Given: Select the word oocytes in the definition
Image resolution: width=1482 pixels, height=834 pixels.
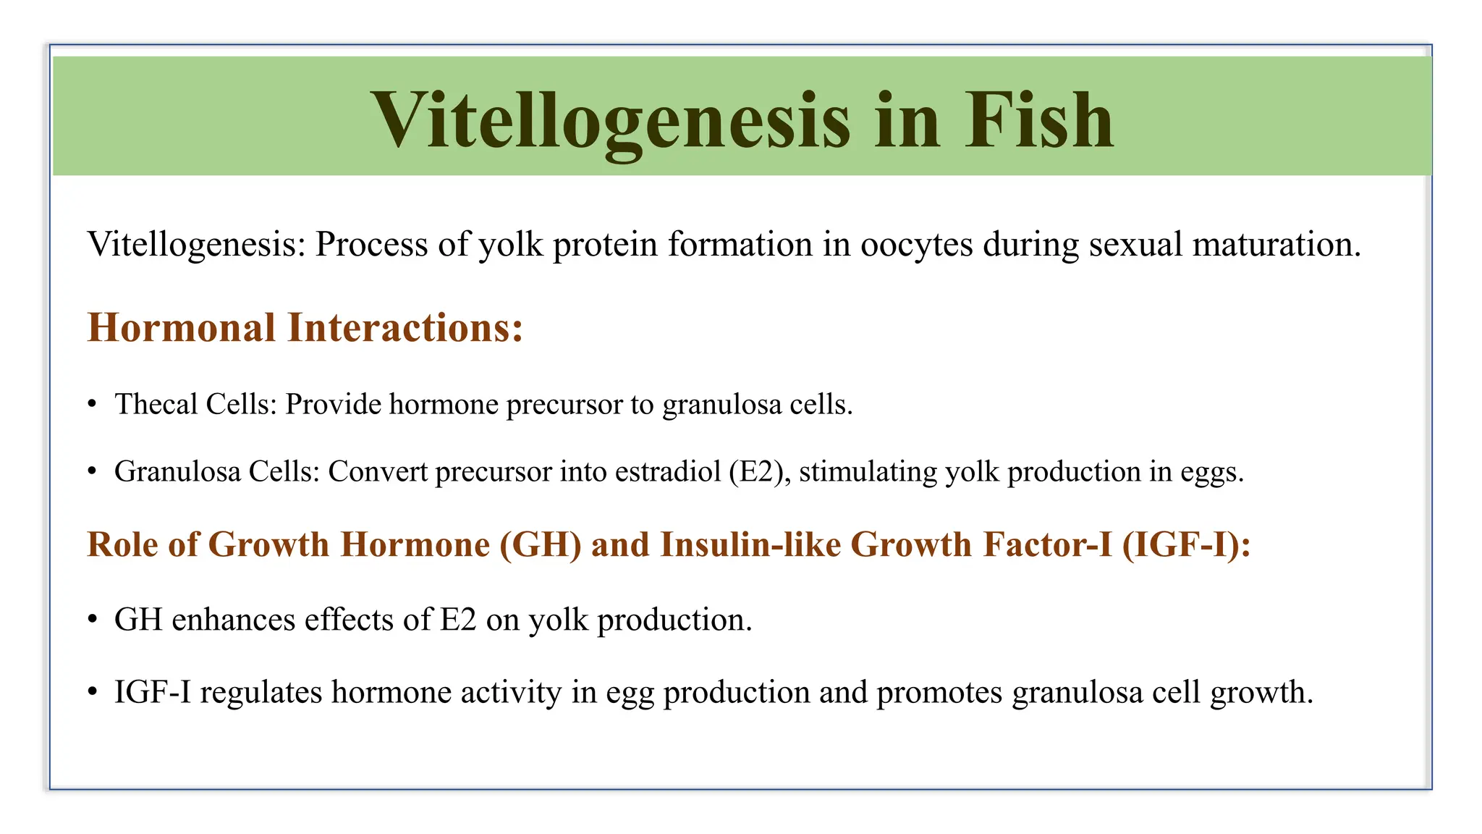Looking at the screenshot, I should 916,245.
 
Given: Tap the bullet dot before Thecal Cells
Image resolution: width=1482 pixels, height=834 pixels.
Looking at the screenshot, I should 92,405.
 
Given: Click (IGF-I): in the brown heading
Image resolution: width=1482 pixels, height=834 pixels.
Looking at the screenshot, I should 1186,544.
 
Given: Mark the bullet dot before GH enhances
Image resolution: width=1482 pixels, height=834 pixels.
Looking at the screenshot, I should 92,620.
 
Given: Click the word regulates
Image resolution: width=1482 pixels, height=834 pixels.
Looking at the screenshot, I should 261,693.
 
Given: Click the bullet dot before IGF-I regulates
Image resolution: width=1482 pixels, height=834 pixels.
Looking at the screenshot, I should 92,693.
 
